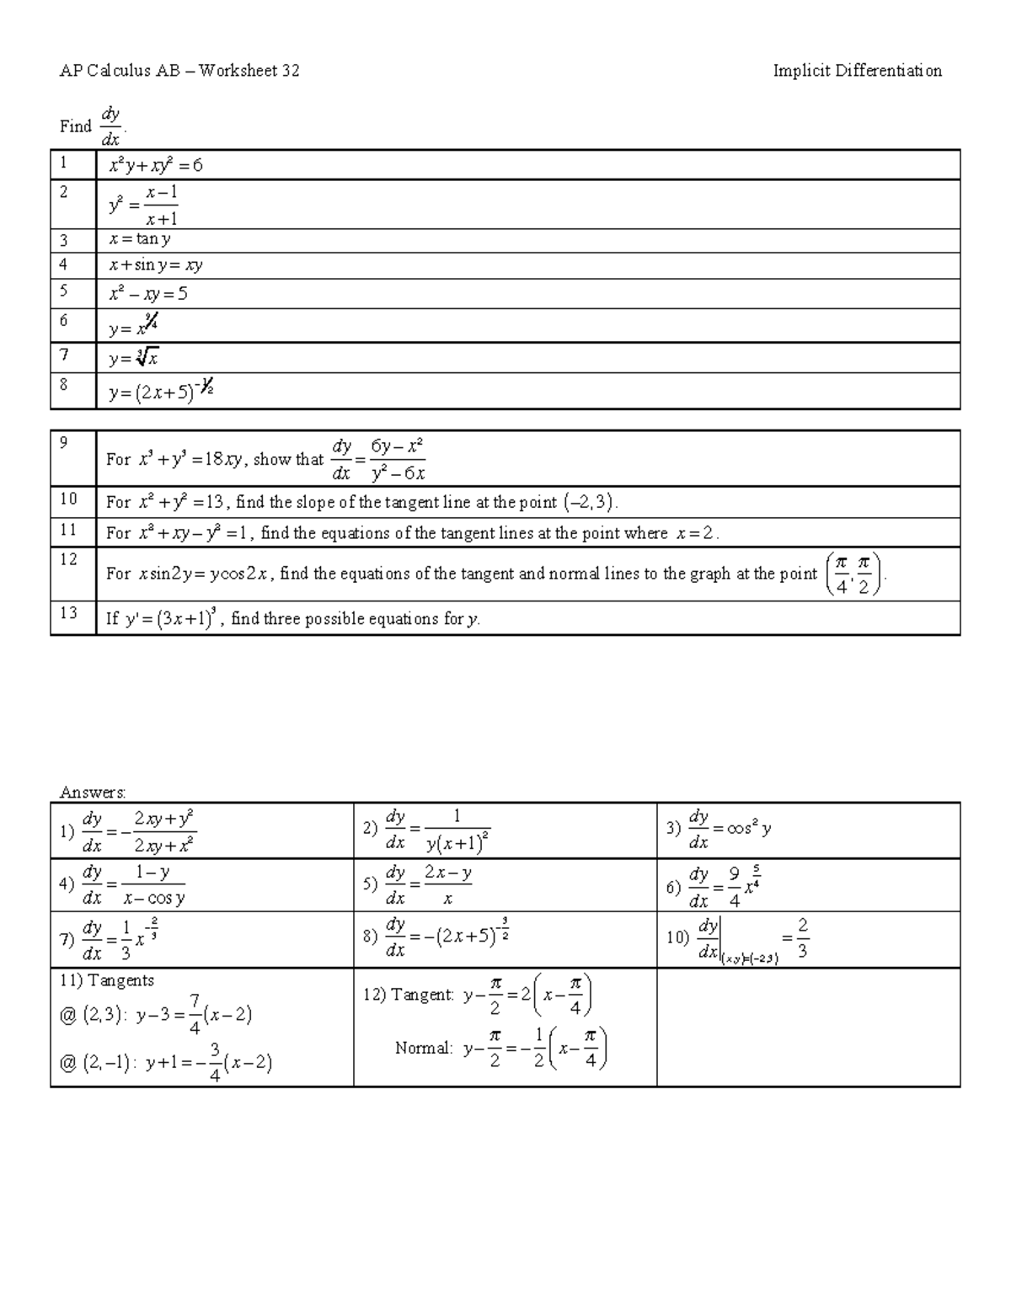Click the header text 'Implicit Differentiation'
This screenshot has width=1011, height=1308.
(x=857, y=71)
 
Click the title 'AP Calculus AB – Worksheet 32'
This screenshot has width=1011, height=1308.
(x=179, y=71)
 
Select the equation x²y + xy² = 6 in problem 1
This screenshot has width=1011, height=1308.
(x=155, y=166)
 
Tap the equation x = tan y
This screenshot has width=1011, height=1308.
(x=140, y=239)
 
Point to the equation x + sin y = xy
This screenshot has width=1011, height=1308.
(x=155, y=265)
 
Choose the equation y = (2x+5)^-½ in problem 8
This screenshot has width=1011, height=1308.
(x=160, y=391)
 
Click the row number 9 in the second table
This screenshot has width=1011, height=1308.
(x=64, y=442)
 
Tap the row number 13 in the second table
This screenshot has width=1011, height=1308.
(x=67, y=612)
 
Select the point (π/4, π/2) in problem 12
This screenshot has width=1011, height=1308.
(x=854, y=574)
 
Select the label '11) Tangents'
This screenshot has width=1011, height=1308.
(x=107, y=980)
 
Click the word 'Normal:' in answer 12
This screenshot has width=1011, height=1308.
(x=424, y=1049)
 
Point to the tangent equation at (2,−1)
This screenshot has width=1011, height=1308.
(x=209, y=1064)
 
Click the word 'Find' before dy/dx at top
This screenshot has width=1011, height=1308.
(x=75, y=126)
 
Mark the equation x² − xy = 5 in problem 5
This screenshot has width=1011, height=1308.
(x=147, y=294)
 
